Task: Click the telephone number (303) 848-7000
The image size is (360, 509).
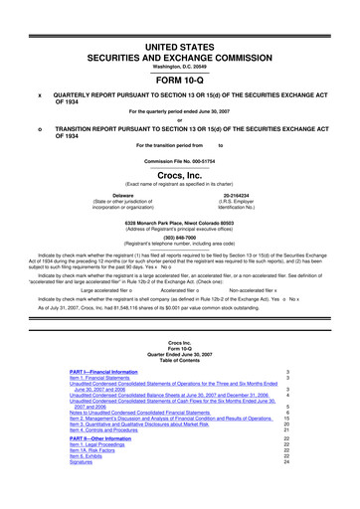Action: point(180,238)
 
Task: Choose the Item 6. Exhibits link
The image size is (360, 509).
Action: point(90,462)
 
